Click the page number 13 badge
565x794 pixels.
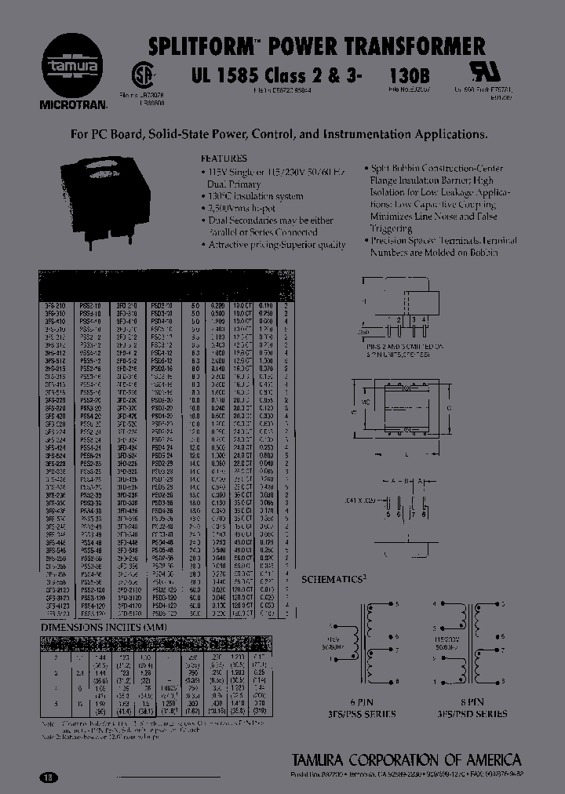(x=49, y=778)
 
